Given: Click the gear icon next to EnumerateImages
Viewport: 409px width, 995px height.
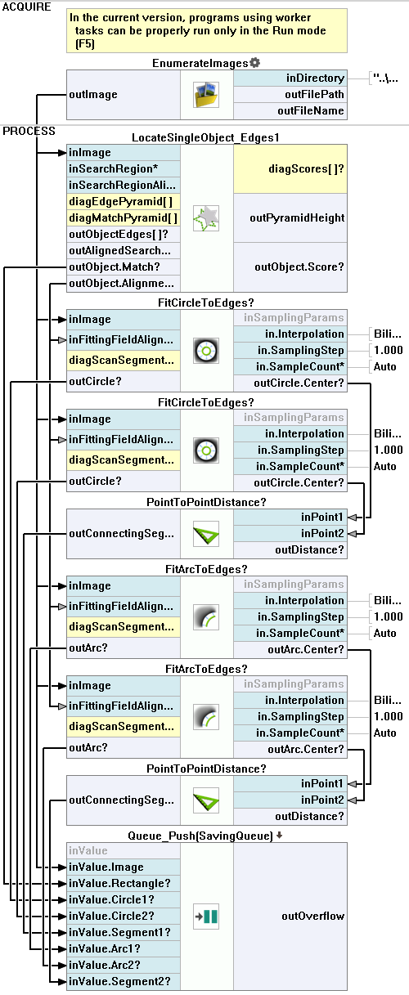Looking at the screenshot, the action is pos(254,63).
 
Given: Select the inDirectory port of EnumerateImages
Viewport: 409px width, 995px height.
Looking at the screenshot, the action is pos(290,78).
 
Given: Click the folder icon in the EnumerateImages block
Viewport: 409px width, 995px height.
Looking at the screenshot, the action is pos(206,95).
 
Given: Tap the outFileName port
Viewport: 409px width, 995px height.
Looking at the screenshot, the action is pos(290,111).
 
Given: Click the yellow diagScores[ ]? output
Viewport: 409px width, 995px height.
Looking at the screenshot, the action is pos(290,168).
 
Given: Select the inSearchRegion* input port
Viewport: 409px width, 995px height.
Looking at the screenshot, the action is pos(124,168).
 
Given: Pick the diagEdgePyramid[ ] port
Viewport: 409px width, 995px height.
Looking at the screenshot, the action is pos(124,202).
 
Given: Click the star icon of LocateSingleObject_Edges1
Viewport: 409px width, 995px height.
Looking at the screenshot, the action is pos(206,218).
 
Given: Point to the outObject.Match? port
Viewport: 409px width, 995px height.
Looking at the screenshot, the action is pos(124,267).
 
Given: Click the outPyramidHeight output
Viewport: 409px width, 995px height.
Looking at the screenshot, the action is pos(290,217).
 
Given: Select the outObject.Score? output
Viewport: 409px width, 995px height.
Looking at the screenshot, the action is pos(290,267).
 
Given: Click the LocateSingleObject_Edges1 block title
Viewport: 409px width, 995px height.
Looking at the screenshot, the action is pos(205,137).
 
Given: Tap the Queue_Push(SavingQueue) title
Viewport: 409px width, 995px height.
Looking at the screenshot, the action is pos(200,836).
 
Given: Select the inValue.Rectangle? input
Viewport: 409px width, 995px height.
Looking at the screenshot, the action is pos(124,884).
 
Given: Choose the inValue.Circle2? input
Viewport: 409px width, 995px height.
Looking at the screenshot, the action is pos(124,916).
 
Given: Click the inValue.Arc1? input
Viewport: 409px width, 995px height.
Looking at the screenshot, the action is pos(124,948).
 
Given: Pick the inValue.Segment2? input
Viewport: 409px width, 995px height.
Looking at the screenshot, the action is pos(124,982).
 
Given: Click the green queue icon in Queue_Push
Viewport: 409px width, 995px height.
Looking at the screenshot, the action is pos(206,917).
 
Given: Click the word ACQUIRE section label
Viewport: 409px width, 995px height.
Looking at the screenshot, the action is pos(27,7).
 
